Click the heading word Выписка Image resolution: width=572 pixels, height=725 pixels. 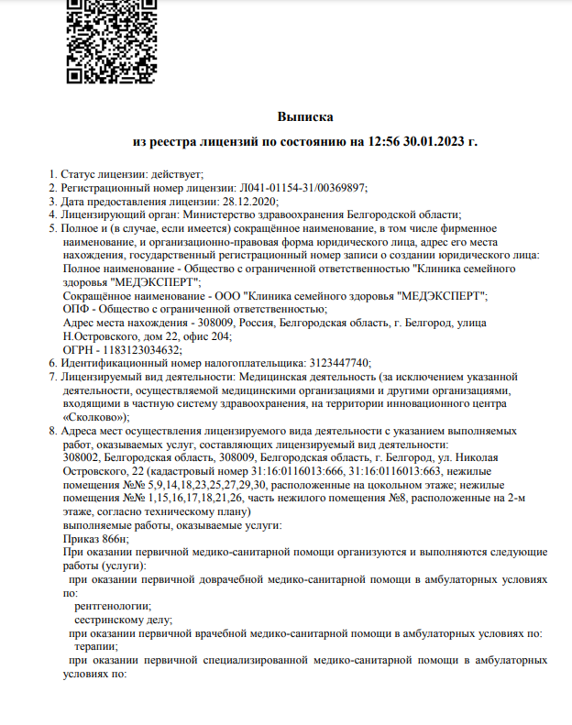[x=305, y=116]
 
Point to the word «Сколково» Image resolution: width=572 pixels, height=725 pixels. [x=95, y=415]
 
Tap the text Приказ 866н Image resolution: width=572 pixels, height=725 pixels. [x=95, y=539]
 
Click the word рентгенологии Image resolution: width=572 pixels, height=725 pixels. [x=113, y=606]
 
